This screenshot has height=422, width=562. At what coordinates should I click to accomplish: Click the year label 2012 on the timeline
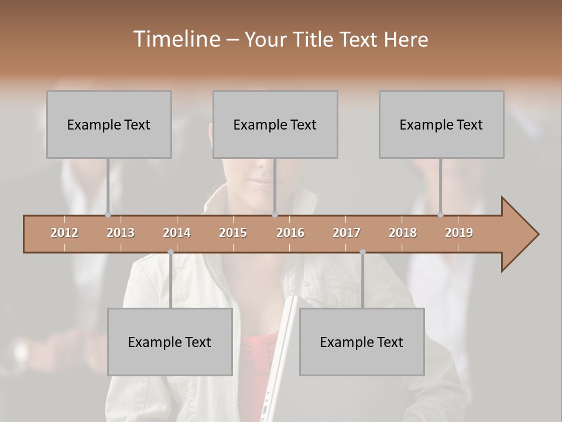point(64,233)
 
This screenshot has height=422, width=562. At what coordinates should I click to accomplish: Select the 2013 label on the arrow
point(121,233)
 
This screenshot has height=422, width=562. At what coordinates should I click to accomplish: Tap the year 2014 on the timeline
point(177,233)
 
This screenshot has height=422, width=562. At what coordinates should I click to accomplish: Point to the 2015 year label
point(233,233)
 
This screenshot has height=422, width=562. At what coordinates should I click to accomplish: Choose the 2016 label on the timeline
point(290,233)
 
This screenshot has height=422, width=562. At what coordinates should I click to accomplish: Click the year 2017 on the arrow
point(347,233)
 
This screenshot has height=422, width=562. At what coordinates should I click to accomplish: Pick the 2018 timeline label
point(403,233)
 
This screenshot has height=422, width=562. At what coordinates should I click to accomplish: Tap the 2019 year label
point(459,233)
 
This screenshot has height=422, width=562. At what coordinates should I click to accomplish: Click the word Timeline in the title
point(176,39)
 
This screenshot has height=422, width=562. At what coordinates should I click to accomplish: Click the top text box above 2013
point(109,124)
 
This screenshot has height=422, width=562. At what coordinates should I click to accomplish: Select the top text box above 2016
point(275,124)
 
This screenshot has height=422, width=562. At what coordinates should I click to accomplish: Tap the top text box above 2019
point(441,124)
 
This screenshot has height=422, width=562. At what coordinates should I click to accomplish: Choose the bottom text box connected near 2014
point(170,342)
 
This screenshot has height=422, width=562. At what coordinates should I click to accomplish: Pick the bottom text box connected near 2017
point(362,342)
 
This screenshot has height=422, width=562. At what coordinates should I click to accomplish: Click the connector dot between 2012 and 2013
point(108,215)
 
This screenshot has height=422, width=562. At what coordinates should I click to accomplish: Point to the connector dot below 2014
point(170,252)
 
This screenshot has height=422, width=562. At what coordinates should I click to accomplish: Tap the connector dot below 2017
point(362,252)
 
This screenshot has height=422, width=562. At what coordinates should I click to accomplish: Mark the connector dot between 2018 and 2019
point(440,215)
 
